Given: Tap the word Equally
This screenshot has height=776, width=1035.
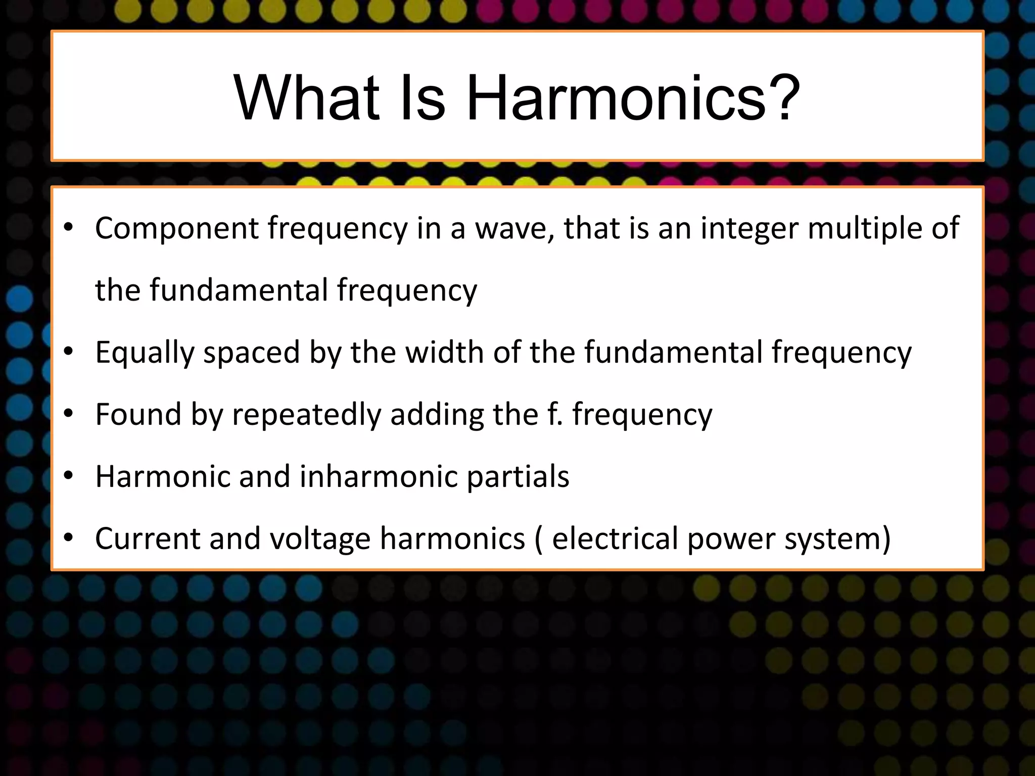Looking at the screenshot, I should [145, 353].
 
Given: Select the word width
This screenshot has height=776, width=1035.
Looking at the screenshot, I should [445, 352].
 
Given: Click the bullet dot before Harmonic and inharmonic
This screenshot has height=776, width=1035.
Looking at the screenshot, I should [69, 476].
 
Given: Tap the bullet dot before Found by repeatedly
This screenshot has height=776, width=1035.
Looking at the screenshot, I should [69, 414].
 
